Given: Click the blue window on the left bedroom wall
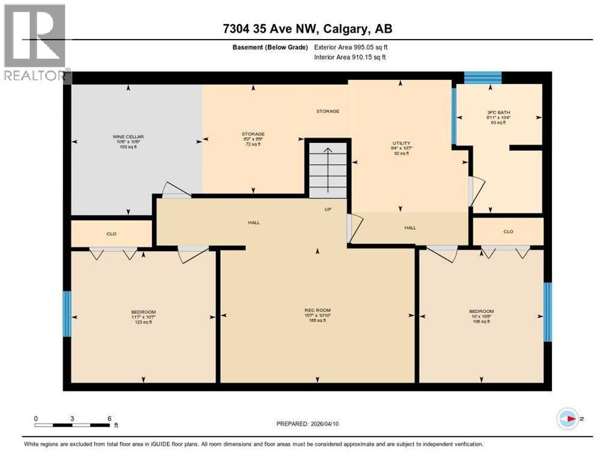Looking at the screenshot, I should (x=67, y=314).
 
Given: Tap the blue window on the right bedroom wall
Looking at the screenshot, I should (x=547, y=312).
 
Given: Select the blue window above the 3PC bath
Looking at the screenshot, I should (x=483, y=77).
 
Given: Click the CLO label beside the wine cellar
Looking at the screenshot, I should (x=111, y=234).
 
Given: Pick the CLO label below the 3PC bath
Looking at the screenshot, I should (x=508, y=232).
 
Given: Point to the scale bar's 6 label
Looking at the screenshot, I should (x=109, y=418).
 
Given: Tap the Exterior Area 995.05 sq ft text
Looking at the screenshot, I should (x=351, y=47).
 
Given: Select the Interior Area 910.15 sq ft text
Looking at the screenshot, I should (x=350, y=58).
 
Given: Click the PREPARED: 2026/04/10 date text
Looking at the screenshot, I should (x=309, y=424).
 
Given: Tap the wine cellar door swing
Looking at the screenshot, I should (x=175, y=190).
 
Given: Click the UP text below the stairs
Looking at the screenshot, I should (x=329, y=209).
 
